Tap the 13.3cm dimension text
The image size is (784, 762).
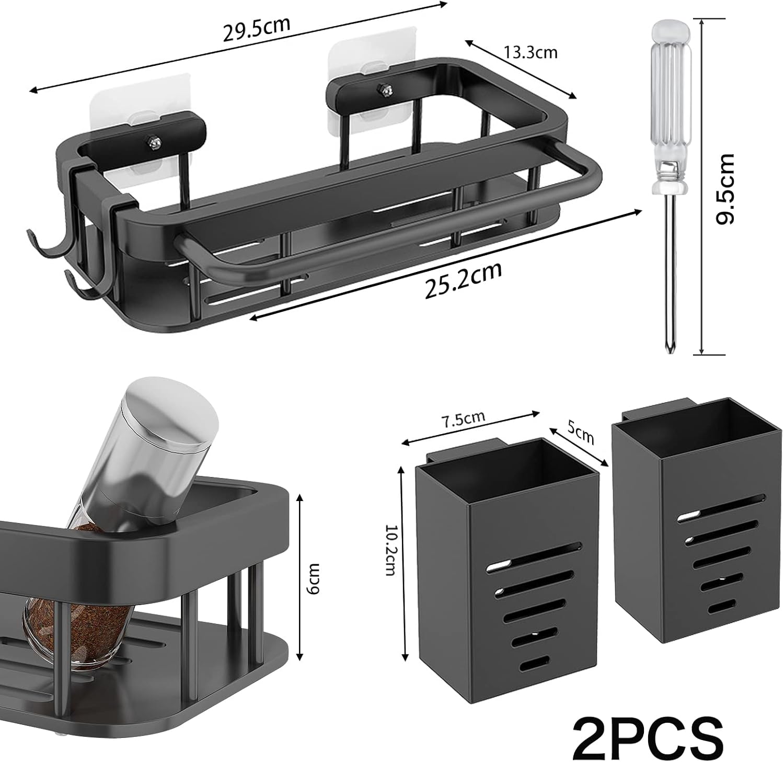pyautogui.click(x=530, y=52)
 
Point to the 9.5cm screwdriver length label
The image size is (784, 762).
pyautogui.click(x=725, y=189)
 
